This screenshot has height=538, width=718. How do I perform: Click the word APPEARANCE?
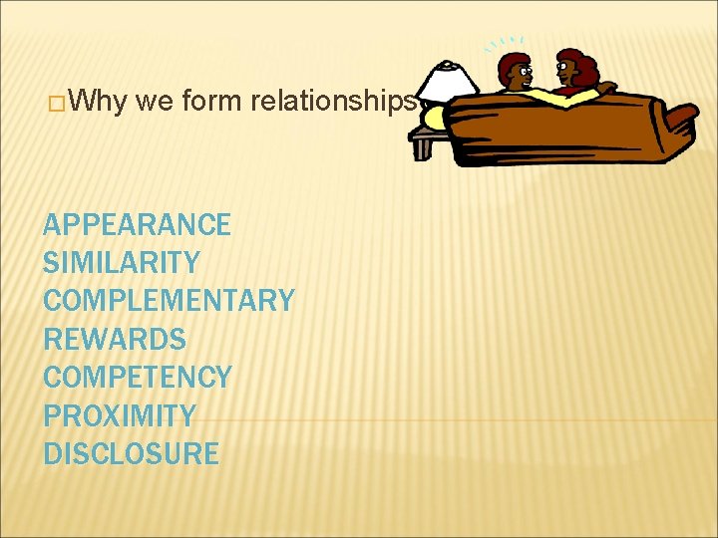pos(137,225)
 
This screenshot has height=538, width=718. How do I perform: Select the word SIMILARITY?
pos(121,263)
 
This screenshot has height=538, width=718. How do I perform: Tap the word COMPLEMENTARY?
pos(169,301)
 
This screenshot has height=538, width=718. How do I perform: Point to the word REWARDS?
pos(115,340)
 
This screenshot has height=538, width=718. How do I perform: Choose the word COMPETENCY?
pos(137,378)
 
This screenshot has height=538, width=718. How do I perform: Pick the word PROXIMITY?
pos(119,415)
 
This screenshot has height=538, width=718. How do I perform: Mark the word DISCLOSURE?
pos(131,453)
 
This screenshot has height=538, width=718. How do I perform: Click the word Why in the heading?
pos(98,102)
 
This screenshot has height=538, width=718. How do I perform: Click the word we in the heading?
pos(158,102)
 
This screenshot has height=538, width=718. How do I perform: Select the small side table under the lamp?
pos(424,141)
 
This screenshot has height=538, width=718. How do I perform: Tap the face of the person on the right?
pos(568,70)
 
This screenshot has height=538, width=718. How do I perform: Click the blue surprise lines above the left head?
pos(505,44)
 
